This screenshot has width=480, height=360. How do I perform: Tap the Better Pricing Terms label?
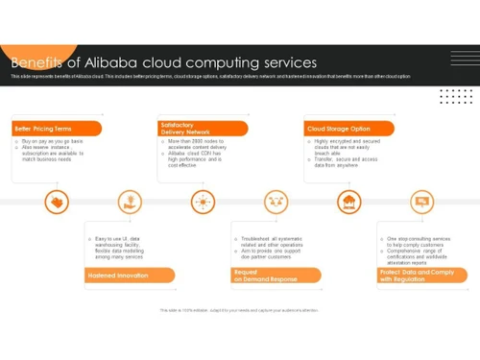point(43,128)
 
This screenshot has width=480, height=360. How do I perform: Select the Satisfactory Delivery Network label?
point(180,128)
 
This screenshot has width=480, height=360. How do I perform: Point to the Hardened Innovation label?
point(118,276)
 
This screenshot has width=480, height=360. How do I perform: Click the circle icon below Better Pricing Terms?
point(57,202)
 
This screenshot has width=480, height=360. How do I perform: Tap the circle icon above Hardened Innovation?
point(129,202)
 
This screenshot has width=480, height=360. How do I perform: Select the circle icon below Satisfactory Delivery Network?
point(203,202)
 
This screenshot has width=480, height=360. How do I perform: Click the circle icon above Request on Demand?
point(276,202)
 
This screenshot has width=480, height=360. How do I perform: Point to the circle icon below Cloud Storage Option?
point(349,202)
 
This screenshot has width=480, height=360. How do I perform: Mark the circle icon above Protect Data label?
point(421,202)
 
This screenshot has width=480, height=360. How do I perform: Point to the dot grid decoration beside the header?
point(456,96)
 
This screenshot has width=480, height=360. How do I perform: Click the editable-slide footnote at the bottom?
point(239,310)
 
